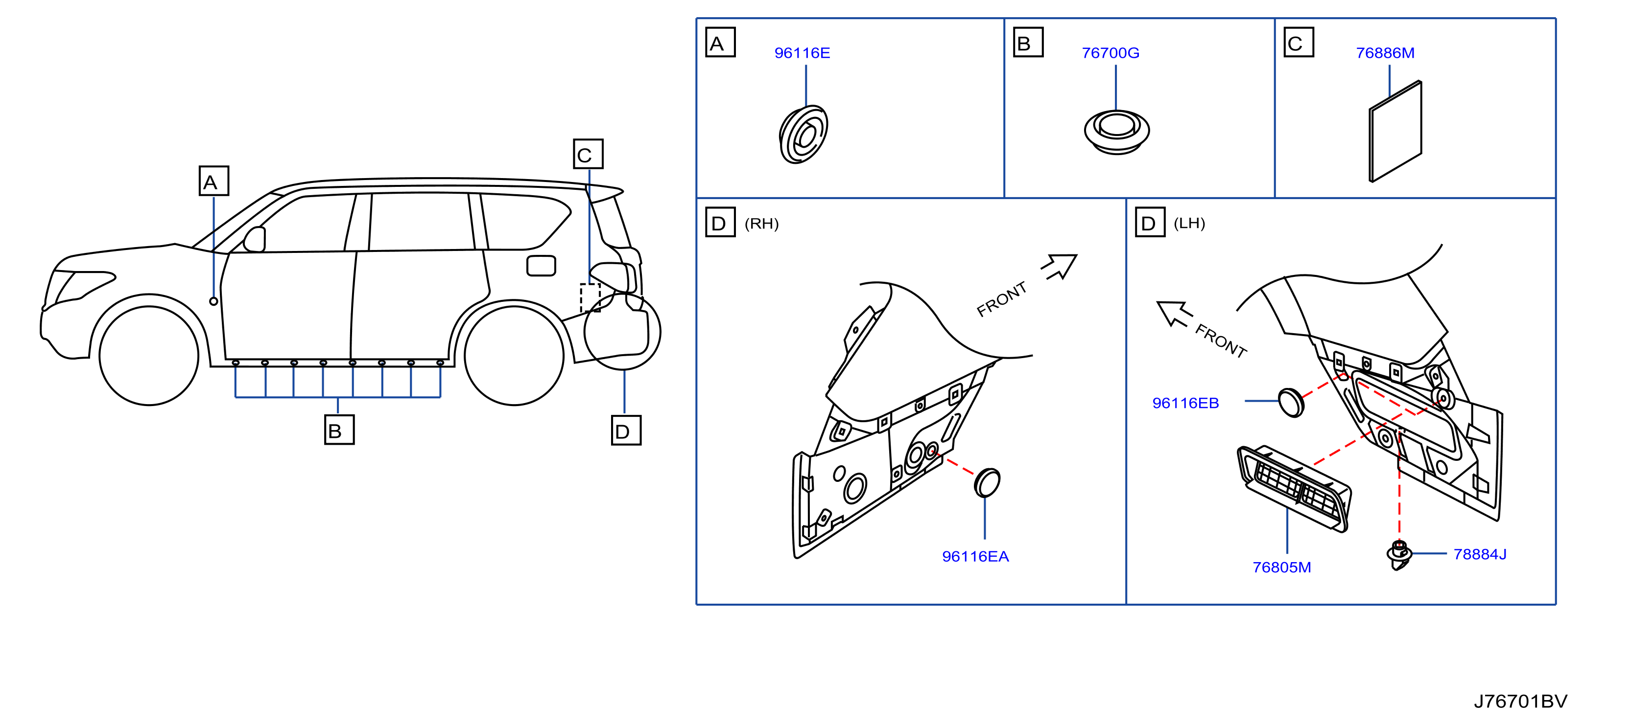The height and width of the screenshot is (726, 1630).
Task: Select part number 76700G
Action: (1110, 53)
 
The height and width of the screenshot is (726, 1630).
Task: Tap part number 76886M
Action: (1385, 53)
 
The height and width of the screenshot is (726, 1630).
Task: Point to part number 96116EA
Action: (975, 557)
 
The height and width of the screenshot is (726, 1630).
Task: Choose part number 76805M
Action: (1281, 567)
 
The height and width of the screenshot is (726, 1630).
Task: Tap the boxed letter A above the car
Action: (214, 181)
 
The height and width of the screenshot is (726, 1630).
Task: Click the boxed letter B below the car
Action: (339, 430)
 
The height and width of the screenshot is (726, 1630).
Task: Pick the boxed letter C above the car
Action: (588, 154)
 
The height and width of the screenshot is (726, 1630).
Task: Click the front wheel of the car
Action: (149, 355)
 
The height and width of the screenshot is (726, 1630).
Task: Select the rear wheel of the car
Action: (514, 355)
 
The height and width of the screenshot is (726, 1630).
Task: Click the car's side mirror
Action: (255, 239)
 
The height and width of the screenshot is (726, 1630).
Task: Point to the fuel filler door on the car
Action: (541, 266)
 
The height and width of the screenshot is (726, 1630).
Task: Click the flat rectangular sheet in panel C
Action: (1395, 132)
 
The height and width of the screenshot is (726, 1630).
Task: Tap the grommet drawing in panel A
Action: (803, 135)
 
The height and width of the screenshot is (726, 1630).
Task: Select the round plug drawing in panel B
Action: (1116, 131)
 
